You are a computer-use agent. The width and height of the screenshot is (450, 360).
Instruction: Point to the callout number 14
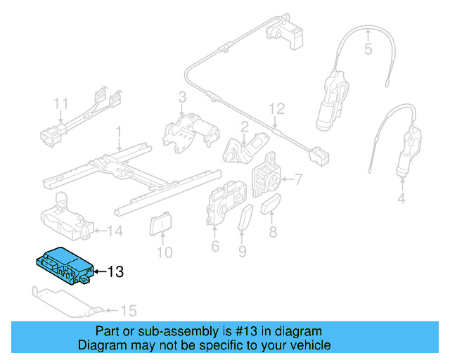point(113,230)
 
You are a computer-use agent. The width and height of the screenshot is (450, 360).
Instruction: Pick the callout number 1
point(119,131)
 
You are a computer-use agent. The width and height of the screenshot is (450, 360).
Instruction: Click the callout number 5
point(368,49)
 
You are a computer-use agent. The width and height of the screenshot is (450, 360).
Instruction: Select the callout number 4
point(401,200)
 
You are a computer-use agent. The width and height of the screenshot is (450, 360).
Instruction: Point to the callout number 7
point(298,179)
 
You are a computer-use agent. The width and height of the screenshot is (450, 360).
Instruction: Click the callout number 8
point(273,231)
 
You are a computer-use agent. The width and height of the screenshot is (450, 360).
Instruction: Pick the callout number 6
point(215,246)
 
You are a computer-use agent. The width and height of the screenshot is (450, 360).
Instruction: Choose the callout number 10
point(164,252)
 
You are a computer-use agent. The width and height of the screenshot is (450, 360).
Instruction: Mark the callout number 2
point(244,127)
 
